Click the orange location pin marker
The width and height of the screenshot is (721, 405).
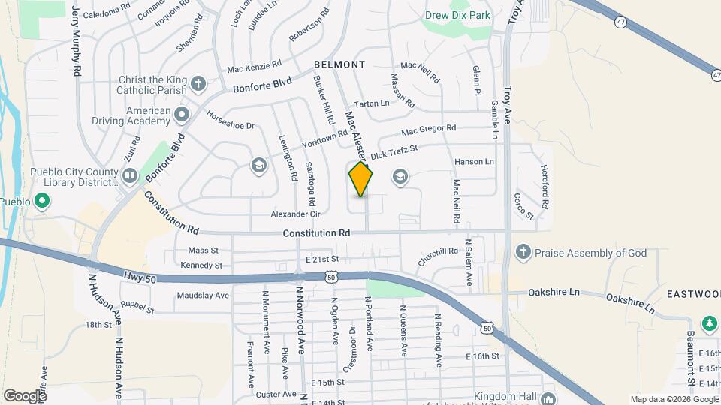pos(360,178)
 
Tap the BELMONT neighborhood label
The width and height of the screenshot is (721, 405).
pos(339,64)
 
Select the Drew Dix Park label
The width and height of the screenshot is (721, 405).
pos(458,14)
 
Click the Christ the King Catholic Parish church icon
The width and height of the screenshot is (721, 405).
pos(198,82)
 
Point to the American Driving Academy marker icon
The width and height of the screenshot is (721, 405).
pos(181,114)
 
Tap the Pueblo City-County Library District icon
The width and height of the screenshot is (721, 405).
pos(130,176)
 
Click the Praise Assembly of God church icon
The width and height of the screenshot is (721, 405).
pos(523,253)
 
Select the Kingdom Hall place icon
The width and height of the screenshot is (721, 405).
pos(549,397)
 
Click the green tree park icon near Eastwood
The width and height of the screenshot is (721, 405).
pos(709,323)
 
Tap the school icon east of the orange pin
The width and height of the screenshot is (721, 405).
pos(400,177)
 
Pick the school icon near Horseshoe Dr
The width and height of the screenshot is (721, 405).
pos(258,165)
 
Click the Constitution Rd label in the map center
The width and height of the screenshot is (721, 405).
pos(316,233)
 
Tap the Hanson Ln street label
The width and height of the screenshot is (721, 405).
pos(474,162)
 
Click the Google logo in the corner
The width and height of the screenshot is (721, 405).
pos(26,395)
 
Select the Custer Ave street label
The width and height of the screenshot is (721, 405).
pos(276,394)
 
